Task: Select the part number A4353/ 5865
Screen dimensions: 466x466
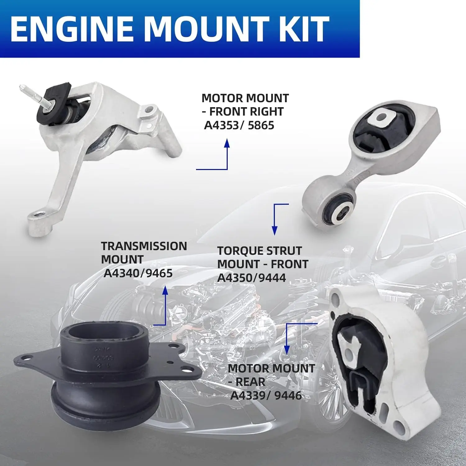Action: click(x=239, y=125)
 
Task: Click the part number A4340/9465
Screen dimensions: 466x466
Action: click(x=138, y=273)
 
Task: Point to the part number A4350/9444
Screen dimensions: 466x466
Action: click(x=251, y=277)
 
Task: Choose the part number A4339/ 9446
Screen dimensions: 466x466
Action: click(x=266, y=395)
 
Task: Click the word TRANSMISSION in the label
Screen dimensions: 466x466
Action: click(x=144, y=246)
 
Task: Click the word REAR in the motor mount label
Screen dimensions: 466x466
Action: click(x=250, y=381)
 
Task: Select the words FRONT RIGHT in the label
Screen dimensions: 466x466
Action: click(x=246, y=112)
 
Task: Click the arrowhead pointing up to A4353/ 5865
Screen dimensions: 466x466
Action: click(x=227, y=144)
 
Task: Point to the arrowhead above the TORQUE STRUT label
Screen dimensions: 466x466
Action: click(x=274, y=230)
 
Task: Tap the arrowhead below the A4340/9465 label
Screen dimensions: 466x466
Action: click(x=165, y=291)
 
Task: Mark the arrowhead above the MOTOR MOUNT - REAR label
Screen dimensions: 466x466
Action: click(x=287, y=349)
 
